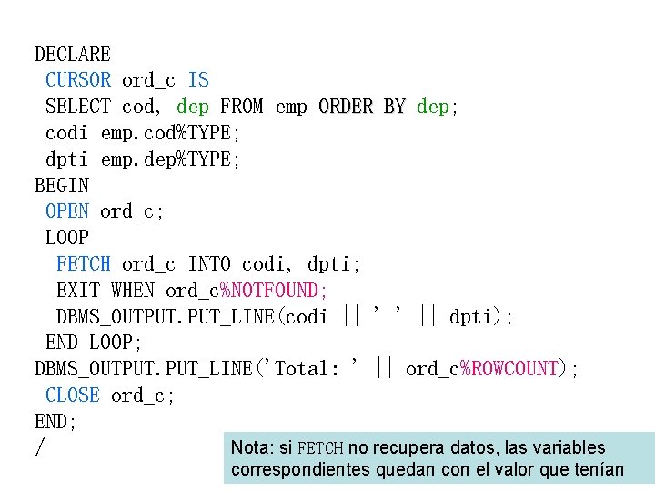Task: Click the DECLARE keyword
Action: click(x=73, y=55)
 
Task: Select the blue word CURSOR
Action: click(x=78, y=81)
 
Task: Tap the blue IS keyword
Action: click(x=198, y=81)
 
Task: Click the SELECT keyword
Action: click(x=78, y=108)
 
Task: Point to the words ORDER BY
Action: click(x=362, y=108)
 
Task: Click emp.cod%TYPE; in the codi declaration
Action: click(x=170, y=134)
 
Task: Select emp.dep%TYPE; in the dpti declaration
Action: click(x=170, y=160)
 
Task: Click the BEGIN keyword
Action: click(x=62, y=186)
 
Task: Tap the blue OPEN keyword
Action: click(x=67, y=212)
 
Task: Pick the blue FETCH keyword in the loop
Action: click(x=84, y=265)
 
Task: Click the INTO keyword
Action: click(x=209, y=265)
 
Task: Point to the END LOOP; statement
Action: click(x=95, y=343)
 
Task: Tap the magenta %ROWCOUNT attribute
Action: click(x=509, y=369)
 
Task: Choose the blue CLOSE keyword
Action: click(x=73, y=395)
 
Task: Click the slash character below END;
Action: click(x=39, y=448)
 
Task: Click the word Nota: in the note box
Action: click(x=253, y=448)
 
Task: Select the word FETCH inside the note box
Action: click(x=320, y=448)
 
